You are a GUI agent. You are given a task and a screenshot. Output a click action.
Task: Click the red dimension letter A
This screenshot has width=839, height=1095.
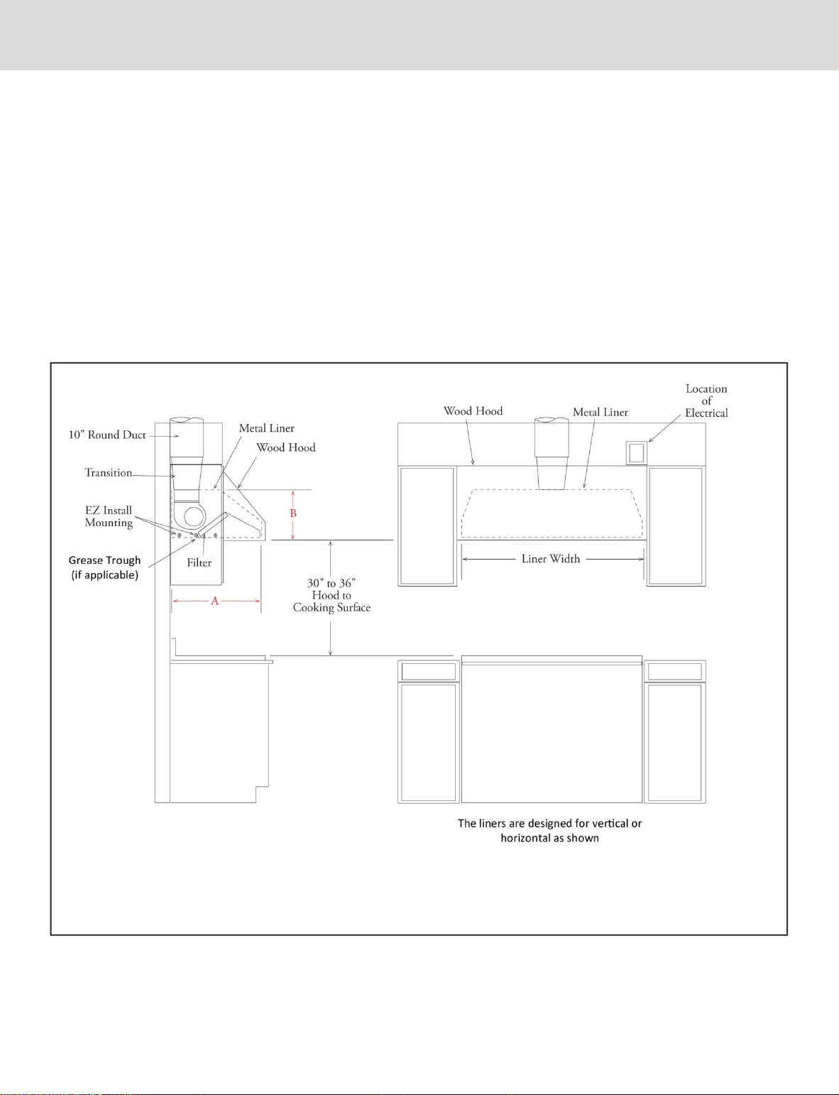coord(214,601)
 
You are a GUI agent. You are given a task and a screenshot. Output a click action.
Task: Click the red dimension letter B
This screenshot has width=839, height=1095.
coord(293,513)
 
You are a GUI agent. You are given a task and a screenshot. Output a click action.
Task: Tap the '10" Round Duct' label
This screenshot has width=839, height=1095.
coord(107,435)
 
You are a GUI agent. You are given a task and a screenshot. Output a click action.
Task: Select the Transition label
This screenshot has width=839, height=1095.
coord(109,473)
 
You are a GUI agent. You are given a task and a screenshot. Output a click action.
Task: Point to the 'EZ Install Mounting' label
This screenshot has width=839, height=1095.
coord(109,516)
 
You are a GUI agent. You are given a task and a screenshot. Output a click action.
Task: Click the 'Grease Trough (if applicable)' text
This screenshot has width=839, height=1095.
coord(105,567)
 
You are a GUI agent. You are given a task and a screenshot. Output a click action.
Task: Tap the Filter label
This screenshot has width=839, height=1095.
coord(199,563)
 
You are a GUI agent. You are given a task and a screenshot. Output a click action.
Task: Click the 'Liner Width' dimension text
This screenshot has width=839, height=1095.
coord(550,559)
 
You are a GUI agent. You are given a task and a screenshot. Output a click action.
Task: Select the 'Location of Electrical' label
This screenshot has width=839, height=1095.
coord(706,401)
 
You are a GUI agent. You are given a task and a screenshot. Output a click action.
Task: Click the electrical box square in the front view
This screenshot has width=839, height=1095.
coord(637,452)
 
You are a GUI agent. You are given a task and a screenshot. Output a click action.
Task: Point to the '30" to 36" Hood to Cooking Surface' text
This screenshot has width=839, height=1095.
coord(332,596)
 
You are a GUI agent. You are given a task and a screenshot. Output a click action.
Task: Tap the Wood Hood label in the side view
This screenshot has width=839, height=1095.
coord(286,447)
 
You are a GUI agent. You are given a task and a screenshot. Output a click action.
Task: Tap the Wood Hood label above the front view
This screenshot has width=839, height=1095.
coord(473,411)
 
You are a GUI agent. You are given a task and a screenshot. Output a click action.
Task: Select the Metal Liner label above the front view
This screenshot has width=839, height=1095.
coord(601,412)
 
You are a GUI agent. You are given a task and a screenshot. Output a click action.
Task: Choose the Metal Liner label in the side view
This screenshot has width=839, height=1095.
coord(267,428)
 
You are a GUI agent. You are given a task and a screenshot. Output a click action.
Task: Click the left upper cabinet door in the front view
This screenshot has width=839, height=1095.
coord(427,526)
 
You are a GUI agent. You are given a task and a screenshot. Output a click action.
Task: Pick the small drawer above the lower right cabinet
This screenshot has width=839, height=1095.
coord(675,671)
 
